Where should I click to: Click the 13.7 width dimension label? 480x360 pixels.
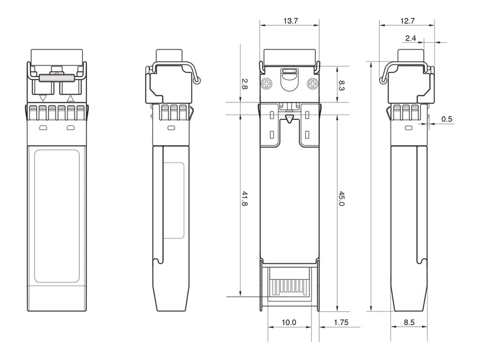pos(290,21)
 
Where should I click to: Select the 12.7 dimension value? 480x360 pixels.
pos(407,21)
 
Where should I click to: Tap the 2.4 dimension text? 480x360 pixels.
pos(411,38)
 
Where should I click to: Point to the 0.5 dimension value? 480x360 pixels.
pos(447,119)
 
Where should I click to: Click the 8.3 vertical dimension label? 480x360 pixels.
pos(342,85)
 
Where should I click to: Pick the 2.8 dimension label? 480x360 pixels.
pos(244,84)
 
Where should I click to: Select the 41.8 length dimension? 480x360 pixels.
pos(244,198)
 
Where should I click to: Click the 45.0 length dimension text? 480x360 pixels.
pos(342,198)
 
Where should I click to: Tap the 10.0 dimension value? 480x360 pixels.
pos(289,322)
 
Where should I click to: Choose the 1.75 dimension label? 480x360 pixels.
pos(341,322)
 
